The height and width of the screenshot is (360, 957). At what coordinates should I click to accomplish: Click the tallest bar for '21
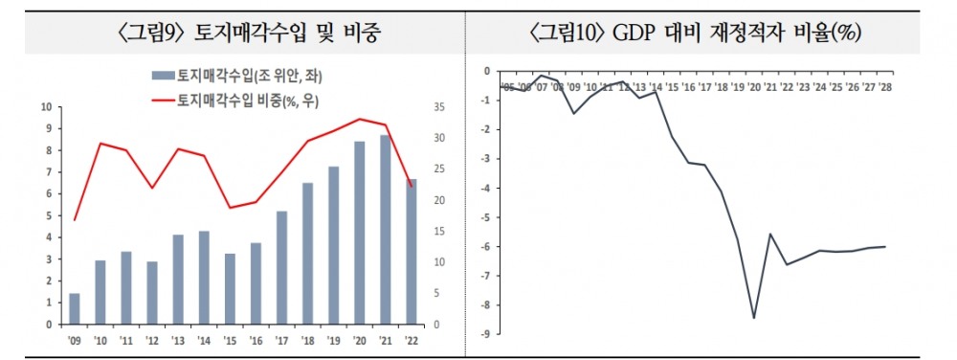tap(385, 230)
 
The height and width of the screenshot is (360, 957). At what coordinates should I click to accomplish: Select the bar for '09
tap(75, 308)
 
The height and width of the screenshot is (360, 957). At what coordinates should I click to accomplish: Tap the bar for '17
tap(281, 268)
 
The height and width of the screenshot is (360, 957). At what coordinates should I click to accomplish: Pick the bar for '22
tap(411, 251)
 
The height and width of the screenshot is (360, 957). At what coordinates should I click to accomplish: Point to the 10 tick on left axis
tap(47, 106)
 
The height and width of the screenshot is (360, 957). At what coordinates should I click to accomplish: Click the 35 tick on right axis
tap(438, 106)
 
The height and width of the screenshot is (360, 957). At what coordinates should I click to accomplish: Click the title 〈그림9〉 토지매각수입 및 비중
tap(241, 34)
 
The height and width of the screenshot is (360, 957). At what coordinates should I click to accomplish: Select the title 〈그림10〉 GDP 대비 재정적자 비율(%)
tap(696, 34)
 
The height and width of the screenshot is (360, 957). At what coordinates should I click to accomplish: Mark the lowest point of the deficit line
tap(754, 318)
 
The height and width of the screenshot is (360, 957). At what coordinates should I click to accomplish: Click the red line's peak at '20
tap(359, 119)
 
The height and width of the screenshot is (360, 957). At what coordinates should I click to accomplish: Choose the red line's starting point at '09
tap(75, 220)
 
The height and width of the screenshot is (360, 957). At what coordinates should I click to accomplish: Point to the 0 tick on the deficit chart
tap(487, 71)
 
